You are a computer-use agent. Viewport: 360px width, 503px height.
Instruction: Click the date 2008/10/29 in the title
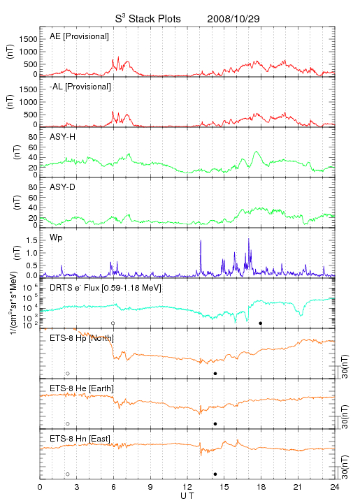click(233, 19)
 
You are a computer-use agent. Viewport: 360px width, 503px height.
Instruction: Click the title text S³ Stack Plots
click(148, 19)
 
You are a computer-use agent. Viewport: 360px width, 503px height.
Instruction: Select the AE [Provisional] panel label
click(79, 36)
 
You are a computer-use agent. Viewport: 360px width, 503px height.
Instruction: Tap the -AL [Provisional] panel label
click(80, 87)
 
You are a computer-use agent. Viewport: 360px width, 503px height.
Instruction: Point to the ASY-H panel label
click(63, 137)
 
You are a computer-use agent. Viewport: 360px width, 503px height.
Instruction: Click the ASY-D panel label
click(63, 187)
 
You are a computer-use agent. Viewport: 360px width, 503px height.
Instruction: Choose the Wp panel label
click(56, 238)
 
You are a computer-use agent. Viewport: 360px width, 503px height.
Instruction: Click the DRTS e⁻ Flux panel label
click(106, 288)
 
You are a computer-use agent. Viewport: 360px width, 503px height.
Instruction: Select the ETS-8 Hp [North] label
click(82, 338)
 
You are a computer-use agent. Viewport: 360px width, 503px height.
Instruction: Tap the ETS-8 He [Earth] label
click(82, 388)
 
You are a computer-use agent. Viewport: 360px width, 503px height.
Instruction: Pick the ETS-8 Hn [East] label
click(80, 439)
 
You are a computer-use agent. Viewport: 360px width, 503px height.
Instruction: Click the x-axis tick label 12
click(187, 487)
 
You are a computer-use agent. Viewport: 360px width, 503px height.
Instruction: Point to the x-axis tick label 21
click(298, 487)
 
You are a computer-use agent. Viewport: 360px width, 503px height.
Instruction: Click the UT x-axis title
click(187, 496)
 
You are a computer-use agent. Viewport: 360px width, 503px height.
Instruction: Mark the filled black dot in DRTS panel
click(261, 323)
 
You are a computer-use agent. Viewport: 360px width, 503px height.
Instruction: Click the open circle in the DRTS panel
click(113, 323)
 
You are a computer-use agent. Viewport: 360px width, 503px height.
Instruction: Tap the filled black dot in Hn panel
click(215, 474)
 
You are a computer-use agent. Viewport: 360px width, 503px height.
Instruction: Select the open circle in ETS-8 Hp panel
click(68, 374)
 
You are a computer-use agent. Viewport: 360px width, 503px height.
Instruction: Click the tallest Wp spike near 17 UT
click(249, 239)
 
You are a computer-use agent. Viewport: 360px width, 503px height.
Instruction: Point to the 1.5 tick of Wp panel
click(33, 240)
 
